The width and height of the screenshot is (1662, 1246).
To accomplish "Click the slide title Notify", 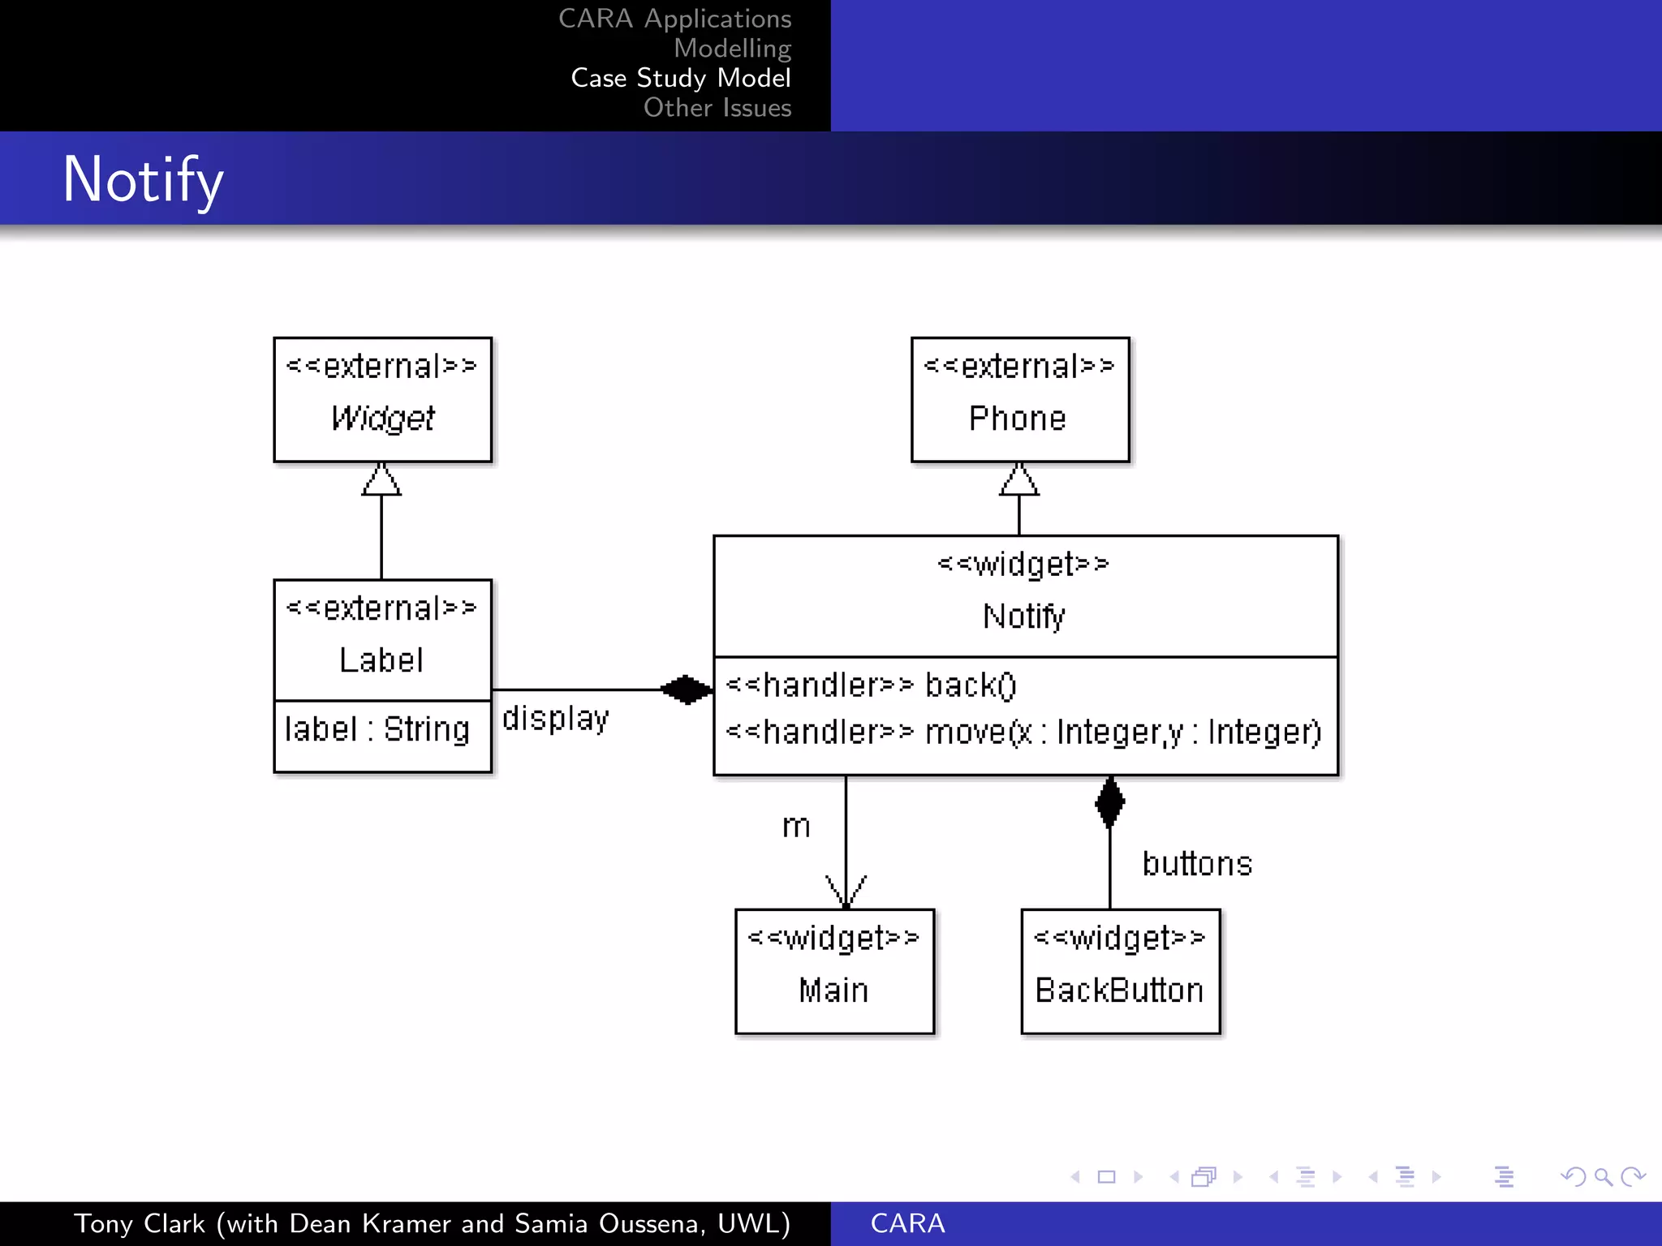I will (x=143, y=179).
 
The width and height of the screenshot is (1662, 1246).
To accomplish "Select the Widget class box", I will (x=382, y=399).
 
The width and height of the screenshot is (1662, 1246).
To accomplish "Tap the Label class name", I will (x=381, y=660).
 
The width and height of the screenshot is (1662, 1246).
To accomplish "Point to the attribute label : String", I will (x=377, y=729).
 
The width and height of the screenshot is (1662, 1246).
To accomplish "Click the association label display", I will (x=555, y=719).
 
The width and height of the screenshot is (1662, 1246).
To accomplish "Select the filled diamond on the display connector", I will (x=687, y=690).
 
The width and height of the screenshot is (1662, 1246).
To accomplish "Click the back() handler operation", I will (x=872, y=685).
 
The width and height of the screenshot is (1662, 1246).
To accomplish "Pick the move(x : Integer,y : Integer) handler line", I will (x=1023, y=732).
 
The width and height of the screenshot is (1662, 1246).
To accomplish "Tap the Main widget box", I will (x=835, y=971).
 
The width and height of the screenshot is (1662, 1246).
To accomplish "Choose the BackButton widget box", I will (x=1120, y=971).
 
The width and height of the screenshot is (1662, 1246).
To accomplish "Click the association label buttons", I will (x=1197, y=864).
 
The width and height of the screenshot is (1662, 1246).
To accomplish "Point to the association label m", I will (x=796, y=827).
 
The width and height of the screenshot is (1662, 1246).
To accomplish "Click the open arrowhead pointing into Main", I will (x=846, y=892).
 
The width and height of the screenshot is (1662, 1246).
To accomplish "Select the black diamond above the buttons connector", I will (x=1109, y=802).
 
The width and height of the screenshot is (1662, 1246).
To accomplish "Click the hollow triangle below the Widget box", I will (x=381, y=480).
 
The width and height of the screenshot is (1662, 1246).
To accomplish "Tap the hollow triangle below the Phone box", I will (x=1019, y=480).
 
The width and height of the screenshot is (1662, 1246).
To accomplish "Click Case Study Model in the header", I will (x=680, y=78).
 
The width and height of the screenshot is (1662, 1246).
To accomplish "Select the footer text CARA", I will (x=907, y=1223).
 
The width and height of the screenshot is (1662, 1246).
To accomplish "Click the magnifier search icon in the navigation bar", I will (x=1603, y=1176).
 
